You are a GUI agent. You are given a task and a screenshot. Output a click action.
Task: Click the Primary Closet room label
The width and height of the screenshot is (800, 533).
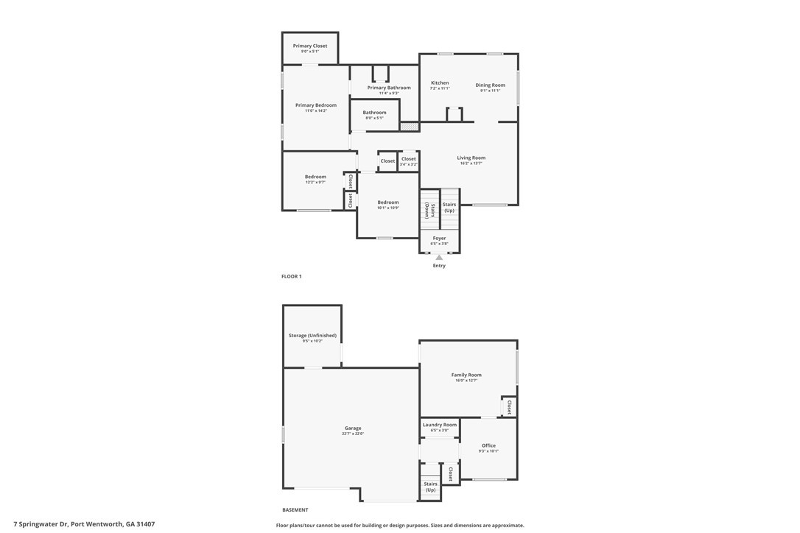[x=310, y=46]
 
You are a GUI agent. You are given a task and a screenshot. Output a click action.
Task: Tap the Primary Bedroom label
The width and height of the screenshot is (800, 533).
[x=315, y=105]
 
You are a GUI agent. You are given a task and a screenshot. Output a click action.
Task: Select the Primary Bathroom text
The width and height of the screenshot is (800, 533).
[x=389, y=88]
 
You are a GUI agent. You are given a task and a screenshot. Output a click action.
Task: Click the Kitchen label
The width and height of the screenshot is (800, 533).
[x=440, y=83]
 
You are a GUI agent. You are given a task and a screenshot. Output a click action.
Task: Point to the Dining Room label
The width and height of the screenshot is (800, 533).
[x=490, y=85]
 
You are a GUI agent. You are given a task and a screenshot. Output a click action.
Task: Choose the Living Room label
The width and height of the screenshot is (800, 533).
[x=471, y=158]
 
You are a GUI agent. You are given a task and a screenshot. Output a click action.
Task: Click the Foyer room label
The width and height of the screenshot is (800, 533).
[x=439, y=239]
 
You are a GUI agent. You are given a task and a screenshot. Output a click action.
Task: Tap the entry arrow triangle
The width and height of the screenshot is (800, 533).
[x=439, y=258]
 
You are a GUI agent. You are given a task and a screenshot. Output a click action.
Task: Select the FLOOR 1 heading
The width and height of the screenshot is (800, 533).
[x=292, y=277]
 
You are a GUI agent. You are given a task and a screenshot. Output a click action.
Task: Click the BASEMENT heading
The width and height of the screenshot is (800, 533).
[x=295, y=510]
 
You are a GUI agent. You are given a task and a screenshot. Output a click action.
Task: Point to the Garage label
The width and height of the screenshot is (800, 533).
[x=353, y=428]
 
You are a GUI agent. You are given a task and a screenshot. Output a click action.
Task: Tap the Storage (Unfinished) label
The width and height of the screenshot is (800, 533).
[x=312, y=336]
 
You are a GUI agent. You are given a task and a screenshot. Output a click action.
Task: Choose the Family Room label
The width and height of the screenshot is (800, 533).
[x=466, y=375]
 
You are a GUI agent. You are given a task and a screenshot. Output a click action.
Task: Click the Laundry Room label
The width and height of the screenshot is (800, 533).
[x=440, y=425]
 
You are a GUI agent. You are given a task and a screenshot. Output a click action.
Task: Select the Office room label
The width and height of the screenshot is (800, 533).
[x=488, y=445]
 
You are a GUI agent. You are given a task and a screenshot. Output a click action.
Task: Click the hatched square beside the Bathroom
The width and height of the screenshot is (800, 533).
[x=410, y=126]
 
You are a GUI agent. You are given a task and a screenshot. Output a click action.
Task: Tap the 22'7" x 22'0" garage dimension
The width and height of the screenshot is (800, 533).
[x=353, y=434]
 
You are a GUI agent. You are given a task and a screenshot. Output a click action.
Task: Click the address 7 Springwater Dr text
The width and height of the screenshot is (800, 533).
[x=79, y=525]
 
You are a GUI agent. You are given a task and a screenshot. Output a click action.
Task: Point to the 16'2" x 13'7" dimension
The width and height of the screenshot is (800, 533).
[x=471, y=163]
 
